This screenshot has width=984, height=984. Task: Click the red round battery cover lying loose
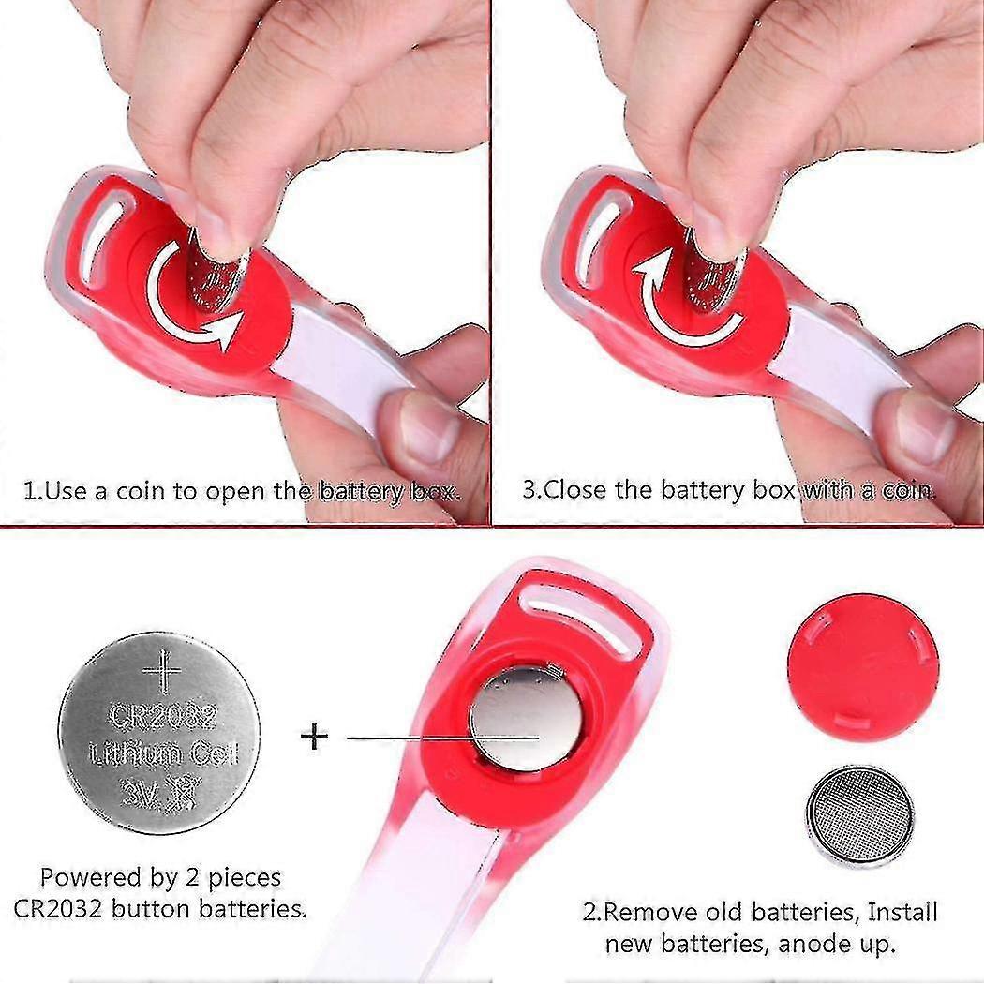pyautogui.click(x=863, y=667)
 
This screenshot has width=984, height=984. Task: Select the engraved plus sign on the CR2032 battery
pyautogui.click(x=162, y=670)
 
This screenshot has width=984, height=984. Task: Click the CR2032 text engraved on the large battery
pyautogui.click(x=163, y=717)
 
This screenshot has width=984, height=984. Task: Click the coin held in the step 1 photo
pyautogui.click(x=217, y=276)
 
